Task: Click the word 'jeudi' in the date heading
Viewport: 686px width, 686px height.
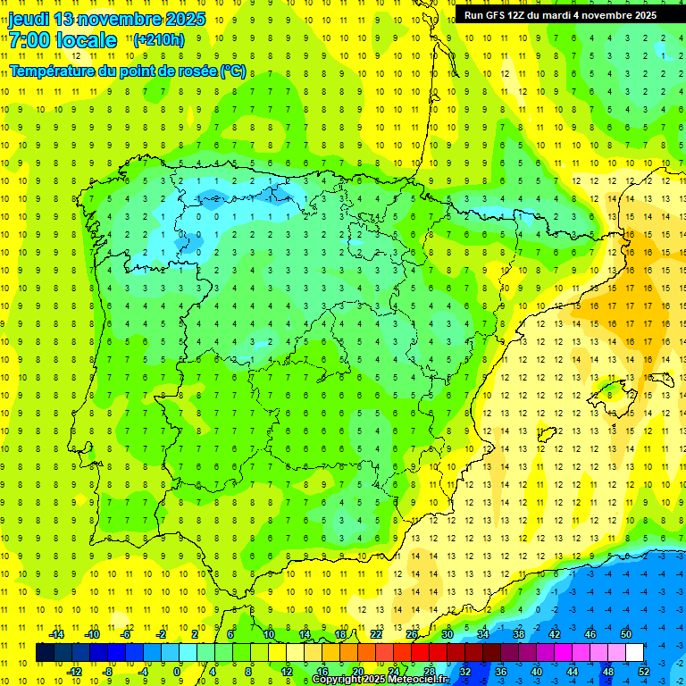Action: [29, 19]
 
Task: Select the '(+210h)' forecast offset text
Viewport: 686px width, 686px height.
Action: [159, 39]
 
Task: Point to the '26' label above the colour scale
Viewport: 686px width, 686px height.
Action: [412, 634]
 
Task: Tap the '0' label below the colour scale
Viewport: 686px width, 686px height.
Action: [177, 671]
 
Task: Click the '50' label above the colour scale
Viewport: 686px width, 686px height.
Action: [626, 634]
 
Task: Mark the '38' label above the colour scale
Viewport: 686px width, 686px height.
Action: [519, 634]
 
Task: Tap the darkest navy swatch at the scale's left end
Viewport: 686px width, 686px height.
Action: [45, 653]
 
